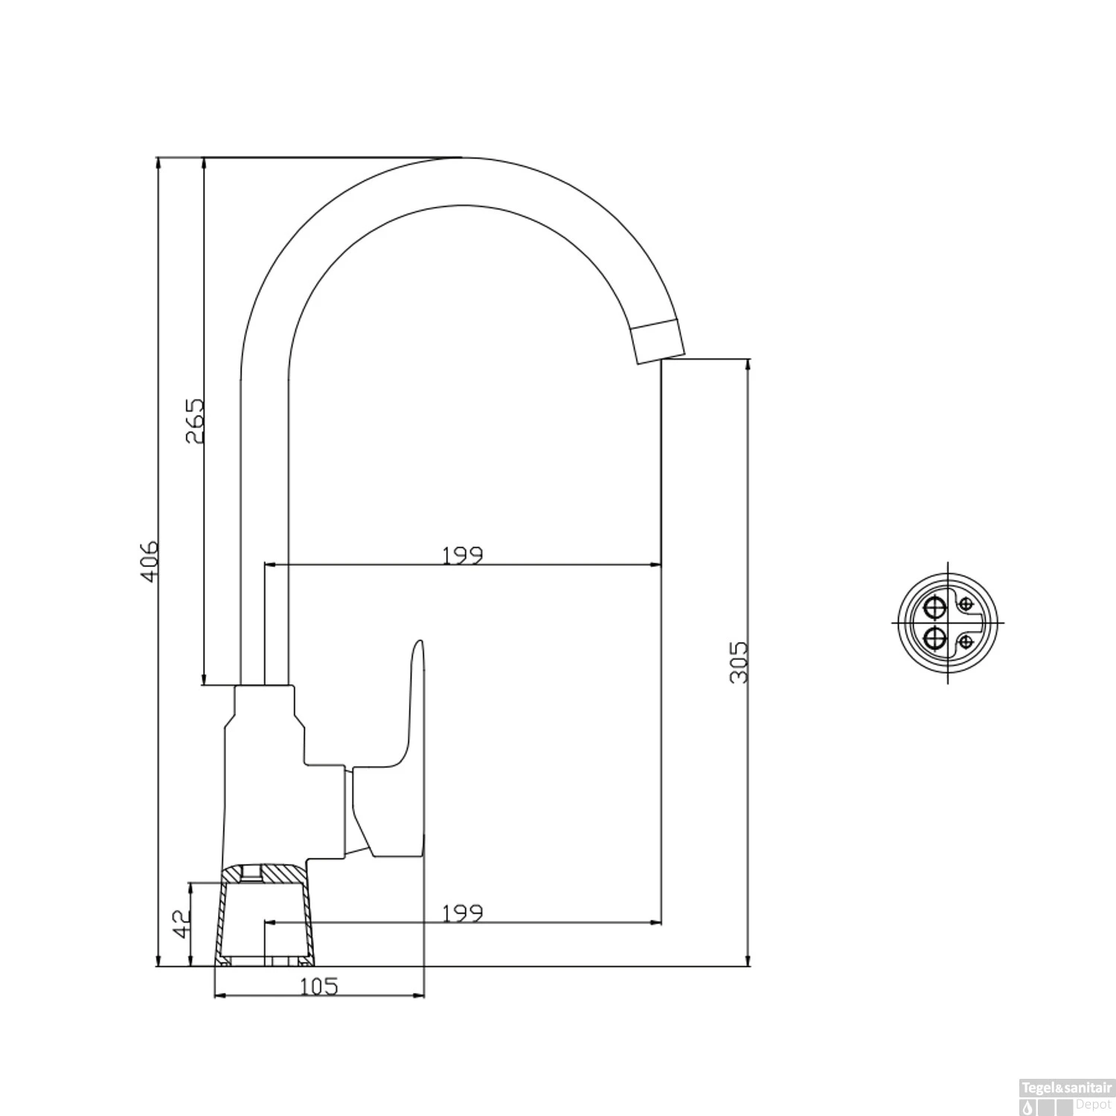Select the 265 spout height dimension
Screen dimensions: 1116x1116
[194, 420]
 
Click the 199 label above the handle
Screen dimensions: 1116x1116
[463, 555]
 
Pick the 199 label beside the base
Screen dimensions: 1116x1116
[463, 912]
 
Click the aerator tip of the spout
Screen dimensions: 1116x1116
[658, 340]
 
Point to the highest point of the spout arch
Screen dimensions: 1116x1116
[461, 159]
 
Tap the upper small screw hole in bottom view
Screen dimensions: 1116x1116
[966, 603]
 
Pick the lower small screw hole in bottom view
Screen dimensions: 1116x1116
[966, 641]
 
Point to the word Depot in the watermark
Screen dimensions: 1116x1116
[1092, 1103]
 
